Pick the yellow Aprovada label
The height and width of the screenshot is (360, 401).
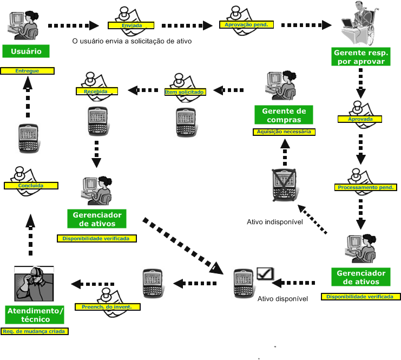click(x=359, y=119)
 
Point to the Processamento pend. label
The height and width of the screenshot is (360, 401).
click(x=366, y=187)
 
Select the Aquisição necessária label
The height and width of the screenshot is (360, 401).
click(x=284, y=132)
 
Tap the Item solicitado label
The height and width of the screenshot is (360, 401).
click(x=185, y=92)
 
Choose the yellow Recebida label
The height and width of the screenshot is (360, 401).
click(x=96, y=91)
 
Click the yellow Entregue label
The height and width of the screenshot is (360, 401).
click(x=27, y=71)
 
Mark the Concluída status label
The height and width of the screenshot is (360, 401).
click(x=30, y=185)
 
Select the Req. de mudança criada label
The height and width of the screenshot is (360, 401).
click(x=35, y=331)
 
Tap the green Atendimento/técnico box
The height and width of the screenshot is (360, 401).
click(x=35, y=315)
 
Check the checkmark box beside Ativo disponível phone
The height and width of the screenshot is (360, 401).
click(x=265, y=274)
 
